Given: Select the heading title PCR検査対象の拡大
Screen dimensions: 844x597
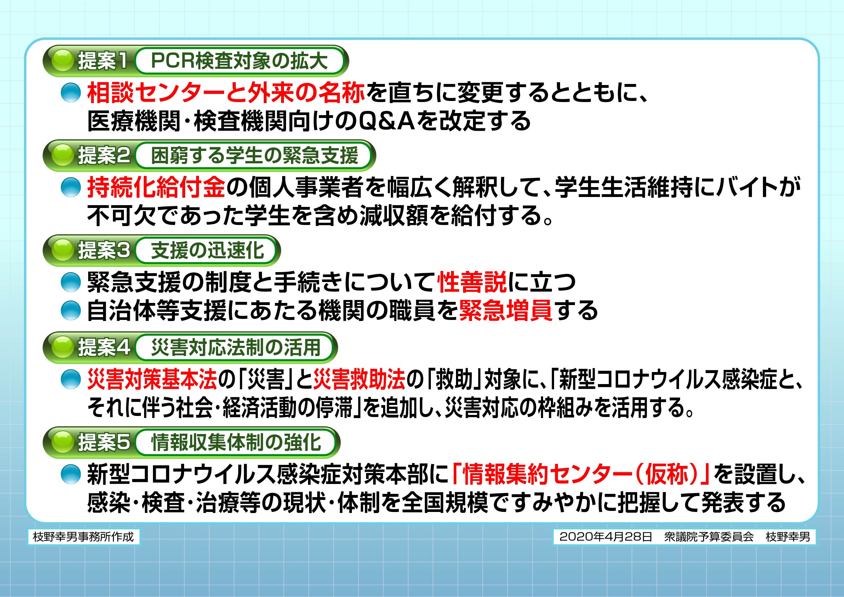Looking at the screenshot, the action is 239,61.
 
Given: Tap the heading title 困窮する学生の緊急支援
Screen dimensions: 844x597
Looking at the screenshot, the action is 255,156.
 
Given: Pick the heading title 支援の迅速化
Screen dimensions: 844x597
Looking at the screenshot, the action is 208,250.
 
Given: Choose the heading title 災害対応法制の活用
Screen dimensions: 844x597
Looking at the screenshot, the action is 236,347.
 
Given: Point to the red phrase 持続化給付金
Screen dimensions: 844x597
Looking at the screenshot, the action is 156,187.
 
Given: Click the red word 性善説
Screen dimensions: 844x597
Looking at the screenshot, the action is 472,282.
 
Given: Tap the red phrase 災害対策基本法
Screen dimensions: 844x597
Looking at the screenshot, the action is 152,379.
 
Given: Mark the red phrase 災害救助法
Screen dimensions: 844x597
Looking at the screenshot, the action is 359,379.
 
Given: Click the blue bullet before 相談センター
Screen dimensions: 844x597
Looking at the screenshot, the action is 70,93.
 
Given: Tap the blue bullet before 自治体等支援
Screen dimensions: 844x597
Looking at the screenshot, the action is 70,311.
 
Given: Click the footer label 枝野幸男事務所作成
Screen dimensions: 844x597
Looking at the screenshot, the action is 84,537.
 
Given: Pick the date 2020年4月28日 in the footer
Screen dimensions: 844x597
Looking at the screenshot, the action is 605,537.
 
